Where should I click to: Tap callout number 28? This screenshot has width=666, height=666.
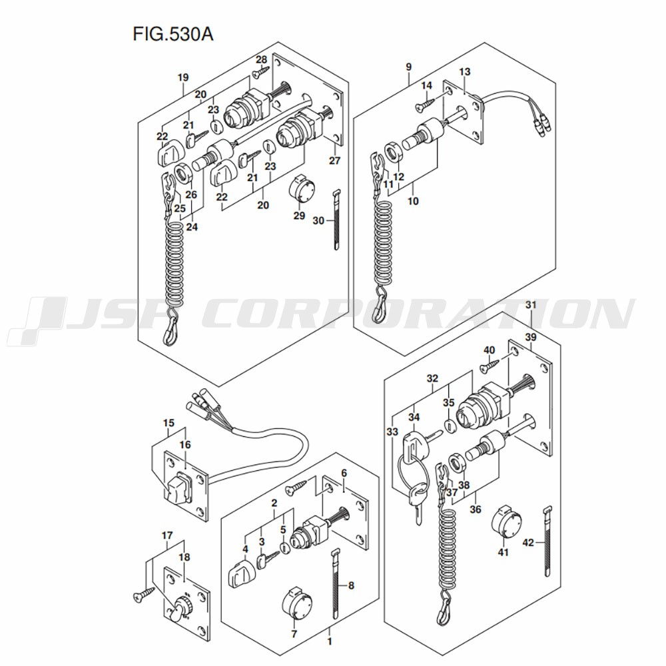(x=260, y=59)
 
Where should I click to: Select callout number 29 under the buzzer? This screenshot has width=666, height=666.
(x=299, y=216)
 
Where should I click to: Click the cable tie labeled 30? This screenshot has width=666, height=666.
(x=337, y=220)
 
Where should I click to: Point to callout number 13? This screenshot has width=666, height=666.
(x=465, y=72)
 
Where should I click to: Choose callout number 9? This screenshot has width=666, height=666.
(x=408, y=67)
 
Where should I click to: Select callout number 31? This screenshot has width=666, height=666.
(x=530, y=305)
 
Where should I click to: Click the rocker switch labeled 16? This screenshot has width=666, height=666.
(x=178, y=488)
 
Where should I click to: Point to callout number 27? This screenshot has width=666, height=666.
(x=334, y=161)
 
